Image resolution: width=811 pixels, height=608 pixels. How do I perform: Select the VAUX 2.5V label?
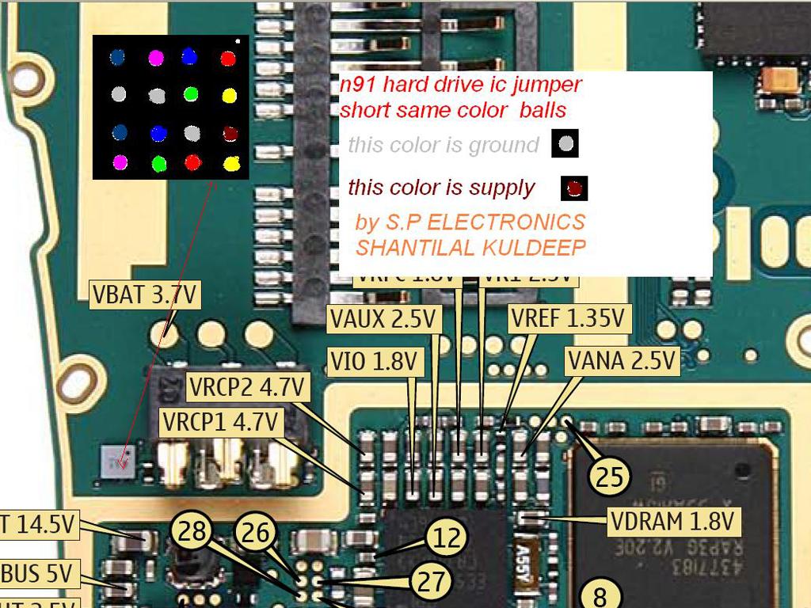(383, 319)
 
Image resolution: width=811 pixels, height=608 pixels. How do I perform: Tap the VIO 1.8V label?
(373, 362)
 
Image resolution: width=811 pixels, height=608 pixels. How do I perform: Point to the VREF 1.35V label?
(569, 319)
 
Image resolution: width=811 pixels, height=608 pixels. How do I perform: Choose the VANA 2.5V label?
(623, 361)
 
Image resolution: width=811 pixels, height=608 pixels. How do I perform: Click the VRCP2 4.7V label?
(246, 388)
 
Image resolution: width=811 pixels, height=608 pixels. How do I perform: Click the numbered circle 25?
(609, 477)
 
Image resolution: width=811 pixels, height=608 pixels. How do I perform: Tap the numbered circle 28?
(192, 531)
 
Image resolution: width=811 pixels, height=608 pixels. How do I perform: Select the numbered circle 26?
(255, 532)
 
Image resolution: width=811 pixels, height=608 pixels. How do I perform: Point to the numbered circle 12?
(447, 538)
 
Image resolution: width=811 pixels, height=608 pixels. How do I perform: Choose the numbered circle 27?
(432, 582)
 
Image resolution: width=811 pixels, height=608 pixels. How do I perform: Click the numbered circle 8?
(600, 594)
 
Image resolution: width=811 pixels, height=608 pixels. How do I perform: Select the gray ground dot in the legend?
(565, 144)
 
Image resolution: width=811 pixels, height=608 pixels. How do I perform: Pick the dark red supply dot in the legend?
(574, 188)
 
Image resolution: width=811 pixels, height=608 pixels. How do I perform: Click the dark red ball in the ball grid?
(229, 133)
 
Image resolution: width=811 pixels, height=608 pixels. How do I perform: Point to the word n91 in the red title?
(356, 84)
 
